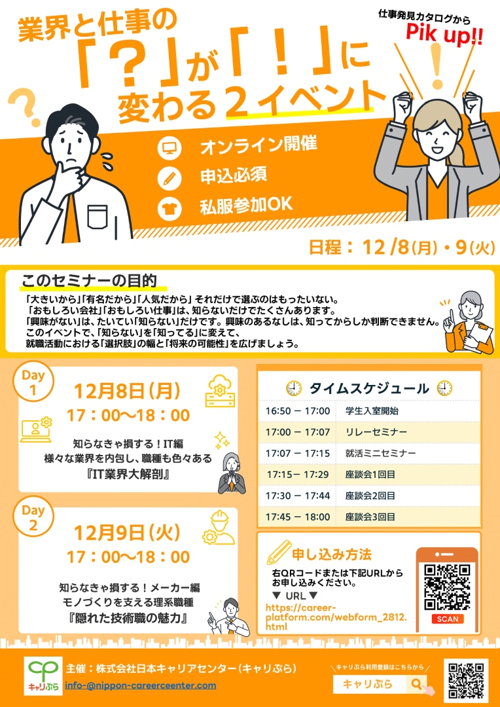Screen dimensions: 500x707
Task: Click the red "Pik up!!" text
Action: [x=444, y=35]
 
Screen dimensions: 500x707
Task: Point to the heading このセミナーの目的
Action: [x=89, y=280]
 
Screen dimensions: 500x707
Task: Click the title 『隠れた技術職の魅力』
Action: [x=128, y=618]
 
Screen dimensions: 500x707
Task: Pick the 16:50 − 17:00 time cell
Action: [x=298, y=410]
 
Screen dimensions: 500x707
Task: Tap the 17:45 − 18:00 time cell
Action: [x=298, y=517]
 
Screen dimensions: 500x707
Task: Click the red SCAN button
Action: [x=447, y=619]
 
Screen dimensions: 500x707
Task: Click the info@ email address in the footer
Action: [x=141, y=685]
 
